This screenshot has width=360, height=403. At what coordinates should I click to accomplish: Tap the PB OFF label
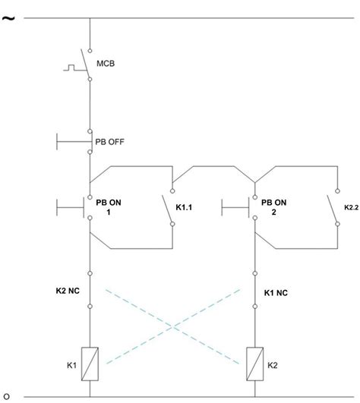[x=110, y=142]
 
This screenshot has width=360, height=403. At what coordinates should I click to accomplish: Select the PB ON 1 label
[x=109, y=208]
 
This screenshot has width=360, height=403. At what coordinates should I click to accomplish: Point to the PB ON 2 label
[x=273, y=208]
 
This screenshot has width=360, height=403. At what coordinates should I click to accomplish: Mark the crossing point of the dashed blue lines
[x=175, y=326]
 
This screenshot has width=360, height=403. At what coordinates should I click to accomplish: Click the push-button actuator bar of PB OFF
[x=58, y=141]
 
